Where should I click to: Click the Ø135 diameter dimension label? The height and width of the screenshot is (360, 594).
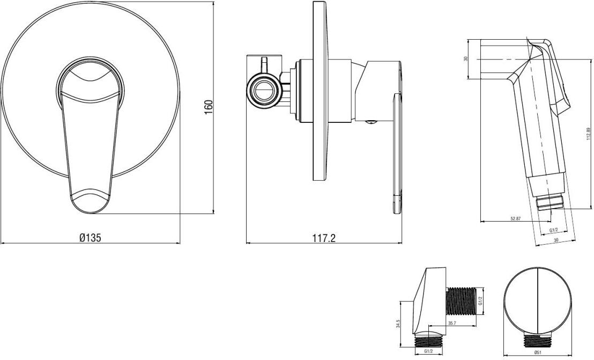(x=90, y=238)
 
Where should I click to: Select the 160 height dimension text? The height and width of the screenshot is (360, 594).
(x=209, y=108)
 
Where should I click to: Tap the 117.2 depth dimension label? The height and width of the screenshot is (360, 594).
(x=324, y=238)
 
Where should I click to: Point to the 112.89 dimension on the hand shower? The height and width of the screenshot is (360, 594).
(x=588, y=133)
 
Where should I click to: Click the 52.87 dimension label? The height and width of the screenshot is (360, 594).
(x=516, y=218)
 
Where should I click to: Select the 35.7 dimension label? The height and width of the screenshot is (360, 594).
(x=451, y=323)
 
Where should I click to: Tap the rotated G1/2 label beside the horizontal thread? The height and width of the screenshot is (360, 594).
(x=480, y=301)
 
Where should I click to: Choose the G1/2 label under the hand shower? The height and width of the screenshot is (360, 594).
(x=553, y=230)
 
